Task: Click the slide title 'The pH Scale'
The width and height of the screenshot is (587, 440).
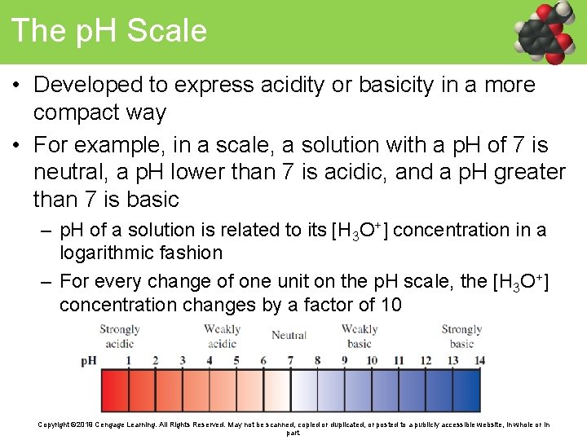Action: tap(109, 31)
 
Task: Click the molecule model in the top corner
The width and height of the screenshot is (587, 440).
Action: tap(548, 33)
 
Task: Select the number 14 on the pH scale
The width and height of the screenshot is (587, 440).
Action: tap(479, 360)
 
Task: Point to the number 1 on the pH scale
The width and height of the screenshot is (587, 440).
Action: tap(129, 360)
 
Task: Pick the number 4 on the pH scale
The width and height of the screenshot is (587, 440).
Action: tap(210, 360)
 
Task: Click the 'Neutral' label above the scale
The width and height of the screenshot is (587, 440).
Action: tap(289, 335)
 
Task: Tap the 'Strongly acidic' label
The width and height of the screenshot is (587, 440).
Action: tap(119, 337)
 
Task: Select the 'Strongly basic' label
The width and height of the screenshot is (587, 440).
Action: tap(461, 337)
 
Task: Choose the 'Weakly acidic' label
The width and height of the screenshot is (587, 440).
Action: tap(222, 337)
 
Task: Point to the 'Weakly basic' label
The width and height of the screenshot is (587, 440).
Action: tap(359, 337)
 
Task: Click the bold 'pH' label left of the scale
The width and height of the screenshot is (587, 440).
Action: tap(89, 361)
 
